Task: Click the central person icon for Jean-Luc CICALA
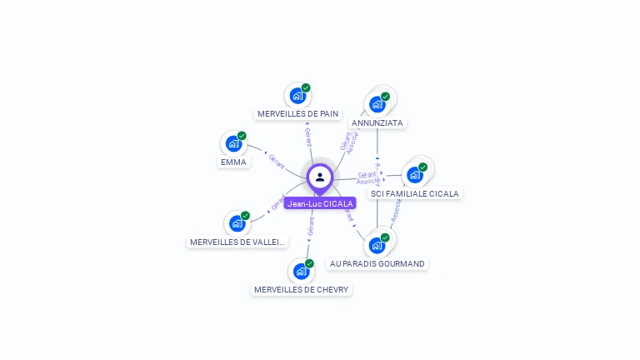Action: (320, 177)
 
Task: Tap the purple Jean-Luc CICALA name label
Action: (320, 203)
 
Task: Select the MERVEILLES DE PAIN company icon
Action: (297, 96)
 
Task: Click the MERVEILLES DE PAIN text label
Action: (297, 113)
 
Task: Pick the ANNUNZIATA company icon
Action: (377, 104)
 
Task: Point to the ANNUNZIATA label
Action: (377, 122)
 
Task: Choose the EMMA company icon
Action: (233, 143)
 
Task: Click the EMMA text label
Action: (233, 162)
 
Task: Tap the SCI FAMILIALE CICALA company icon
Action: (414, 175)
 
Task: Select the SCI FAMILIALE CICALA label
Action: (415, 193)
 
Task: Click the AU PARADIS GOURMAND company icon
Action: (377, 245)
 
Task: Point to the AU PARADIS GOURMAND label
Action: (377, 263)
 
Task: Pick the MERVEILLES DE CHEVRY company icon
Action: (301, 271)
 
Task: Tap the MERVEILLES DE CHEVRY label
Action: (302, 289)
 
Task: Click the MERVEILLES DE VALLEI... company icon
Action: (237, 223)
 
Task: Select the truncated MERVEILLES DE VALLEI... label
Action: (237, 242)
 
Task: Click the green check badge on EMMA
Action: (242, 136)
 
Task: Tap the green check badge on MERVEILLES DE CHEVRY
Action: (309, 263)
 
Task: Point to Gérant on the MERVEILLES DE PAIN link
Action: (308, 137)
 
